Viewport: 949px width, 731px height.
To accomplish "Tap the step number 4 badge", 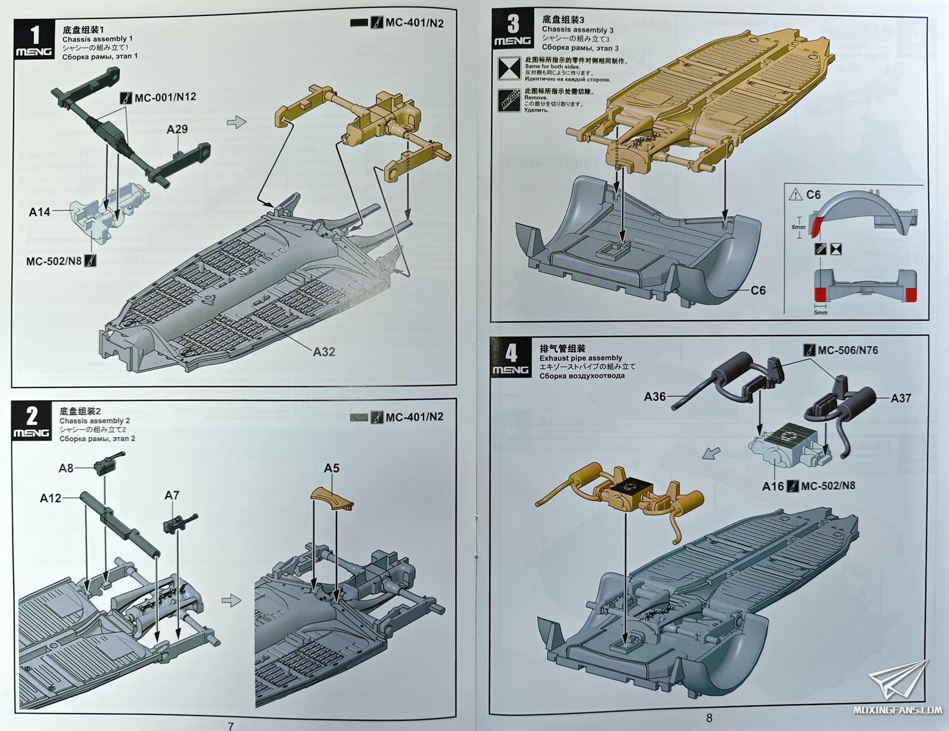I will (x=511, y=357).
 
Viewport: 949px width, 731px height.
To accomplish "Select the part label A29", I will (x=177, y=129).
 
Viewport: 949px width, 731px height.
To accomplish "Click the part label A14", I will (x=40, y=211).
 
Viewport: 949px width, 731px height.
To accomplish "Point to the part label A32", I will (x=324, y=352).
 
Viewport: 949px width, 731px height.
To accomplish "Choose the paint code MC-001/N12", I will (x=165, y=97).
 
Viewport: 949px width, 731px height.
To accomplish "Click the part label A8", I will (x=66, y=468).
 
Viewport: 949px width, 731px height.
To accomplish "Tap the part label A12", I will (x=50, y=498).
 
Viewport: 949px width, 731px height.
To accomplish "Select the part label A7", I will (x=172, y=495).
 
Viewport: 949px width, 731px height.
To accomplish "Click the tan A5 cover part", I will (x=331, y=497).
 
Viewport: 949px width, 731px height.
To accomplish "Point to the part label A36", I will (x=655, y=397).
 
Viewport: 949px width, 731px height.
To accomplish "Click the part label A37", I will (x=900, y=398).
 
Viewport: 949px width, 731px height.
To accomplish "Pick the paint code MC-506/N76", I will (x=848, y=350).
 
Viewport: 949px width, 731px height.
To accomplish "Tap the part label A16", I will (x=773, y=486).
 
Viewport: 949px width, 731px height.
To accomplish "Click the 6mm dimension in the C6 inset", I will (x=798, y=227).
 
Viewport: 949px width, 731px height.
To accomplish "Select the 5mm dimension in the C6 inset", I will (x=820, y=312).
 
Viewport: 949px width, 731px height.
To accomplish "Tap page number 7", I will (x=231, y=726).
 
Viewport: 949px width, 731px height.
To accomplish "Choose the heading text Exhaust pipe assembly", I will (x=581, y=358).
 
